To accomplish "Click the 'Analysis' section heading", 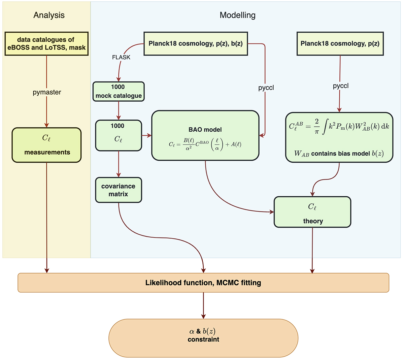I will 49,15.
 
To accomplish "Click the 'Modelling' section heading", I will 237,15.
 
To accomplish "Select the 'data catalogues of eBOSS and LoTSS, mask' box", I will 46,44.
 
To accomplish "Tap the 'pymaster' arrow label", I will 47,92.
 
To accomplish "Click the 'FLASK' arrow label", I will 121,57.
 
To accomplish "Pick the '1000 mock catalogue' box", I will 119,91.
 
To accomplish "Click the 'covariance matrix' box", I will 119,190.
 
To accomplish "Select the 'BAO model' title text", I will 205,130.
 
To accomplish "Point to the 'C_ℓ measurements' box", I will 47,145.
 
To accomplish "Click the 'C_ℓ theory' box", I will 312,212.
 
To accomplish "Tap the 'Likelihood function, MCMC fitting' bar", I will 203,283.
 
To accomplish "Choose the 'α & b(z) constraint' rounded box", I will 203,335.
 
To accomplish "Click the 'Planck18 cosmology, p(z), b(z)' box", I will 196,44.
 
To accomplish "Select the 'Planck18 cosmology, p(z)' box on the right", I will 340,44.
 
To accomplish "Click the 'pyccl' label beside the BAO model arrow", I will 266,88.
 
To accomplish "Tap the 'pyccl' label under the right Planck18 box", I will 341,86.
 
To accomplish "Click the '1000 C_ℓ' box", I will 119,135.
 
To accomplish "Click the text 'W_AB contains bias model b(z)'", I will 339,154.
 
